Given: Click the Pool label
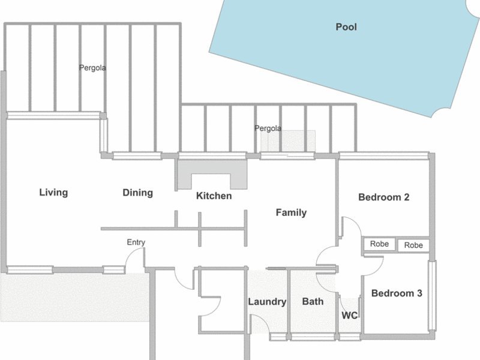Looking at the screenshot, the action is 346,27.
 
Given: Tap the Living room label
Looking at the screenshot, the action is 53,193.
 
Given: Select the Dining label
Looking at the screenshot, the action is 138,193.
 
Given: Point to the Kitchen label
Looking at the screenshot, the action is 214,196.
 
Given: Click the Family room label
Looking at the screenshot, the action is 291,212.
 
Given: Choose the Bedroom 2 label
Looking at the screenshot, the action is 384,197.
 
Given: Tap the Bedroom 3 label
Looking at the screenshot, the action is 397,293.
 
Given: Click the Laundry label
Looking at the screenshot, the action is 267,302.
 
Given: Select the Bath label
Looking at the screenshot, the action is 313,302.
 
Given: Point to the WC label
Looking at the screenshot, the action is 350,316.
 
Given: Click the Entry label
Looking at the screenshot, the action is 136,242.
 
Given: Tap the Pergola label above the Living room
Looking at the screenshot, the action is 92,68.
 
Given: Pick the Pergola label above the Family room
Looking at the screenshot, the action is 268,128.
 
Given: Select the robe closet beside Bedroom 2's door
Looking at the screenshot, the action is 380,244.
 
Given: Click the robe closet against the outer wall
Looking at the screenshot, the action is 413,245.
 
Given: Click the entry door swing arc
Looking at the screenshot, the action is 134,260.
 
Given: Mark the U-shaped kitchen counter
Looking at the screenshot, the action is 212,175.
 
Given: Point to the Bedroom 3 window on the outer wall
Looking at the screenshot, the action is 432,295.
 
